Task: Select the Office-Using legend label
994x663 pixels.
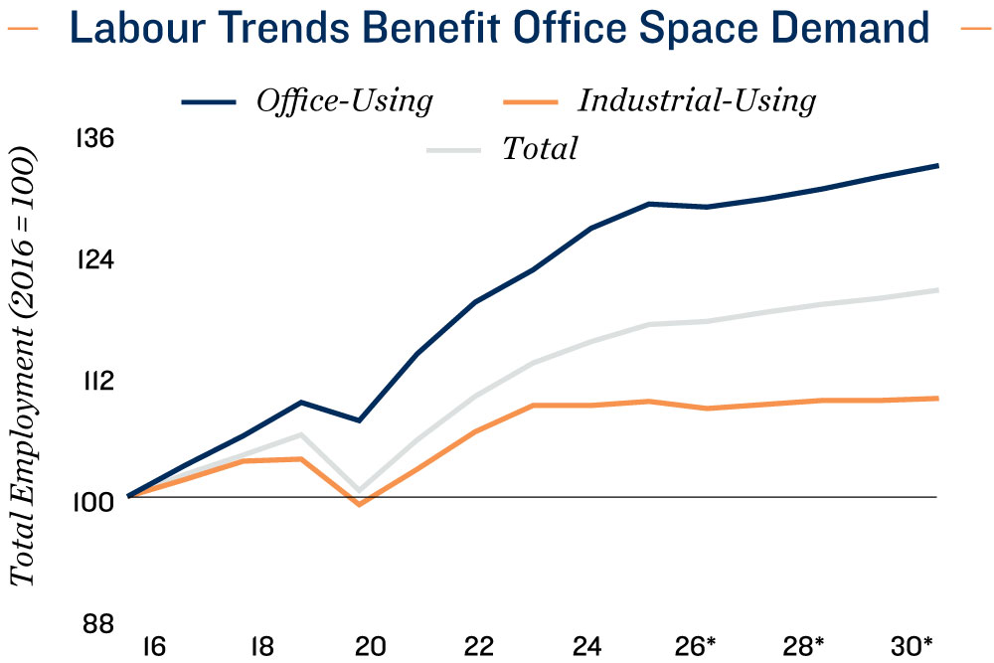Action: (345, 100)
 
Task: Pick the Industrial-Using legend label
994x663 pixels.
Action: (697, 100)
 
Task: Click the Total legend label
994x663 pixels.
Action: (540, 149)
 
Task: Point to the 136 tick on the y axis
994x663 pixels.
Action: (94, 139)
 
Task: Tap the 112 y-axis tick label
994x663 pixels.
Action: (94, 381)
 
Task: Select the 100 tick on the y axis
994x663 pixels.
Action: (92, 501)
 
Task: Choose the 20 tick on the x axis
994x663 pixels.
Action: (370, 646)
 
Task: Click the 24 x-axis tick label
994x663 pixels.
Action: (586, 646)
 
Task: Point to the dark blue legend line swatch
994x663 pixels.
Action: (208, 101)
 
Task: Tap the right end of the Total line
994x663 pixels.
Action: (937, 290)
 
